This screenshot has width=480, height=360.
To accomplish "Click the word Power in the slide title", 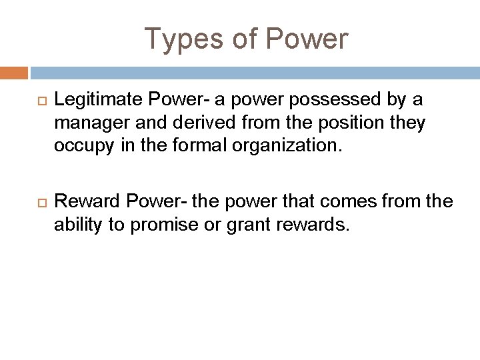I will coord(307,39).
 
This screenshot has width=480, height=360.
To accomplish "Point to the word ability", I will coord(77,225).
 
